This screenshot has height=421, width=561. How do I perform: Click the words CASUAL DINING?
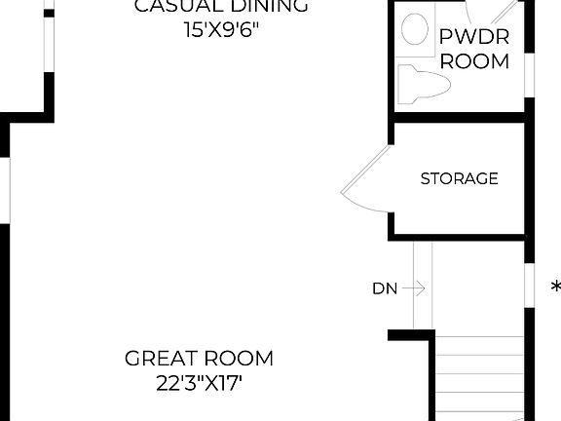click(221, 6)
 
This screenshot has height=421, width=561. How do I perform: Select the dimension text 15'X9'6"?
click(221, 29)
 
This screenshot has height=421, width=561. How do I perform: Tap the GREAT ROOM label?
click(200, 358)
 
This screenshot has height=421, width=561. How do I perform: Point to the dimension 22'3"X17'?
click(200, 383)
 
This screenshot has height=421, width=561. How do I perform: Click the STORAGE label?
click(459, 178)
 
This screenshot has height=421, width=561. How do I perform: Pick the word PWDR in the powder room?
click(472, 37)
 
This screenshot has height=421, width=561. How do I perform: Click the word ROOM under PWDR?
click(474, 61)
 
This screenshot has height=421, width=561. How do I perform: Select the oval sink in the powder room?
click(416, 29)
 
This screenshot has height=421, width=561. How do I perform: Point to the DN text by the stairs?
click(384, 288)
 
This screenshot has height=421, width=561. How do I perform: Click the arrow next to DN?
click(413, 287)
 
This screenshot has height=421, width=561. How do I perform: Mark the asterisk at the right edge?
click(555, 287)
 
